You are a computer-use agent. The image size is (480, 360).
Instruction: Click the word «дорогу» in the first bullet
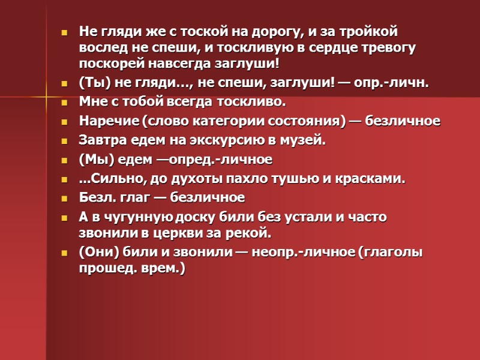tap(304, 31)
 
